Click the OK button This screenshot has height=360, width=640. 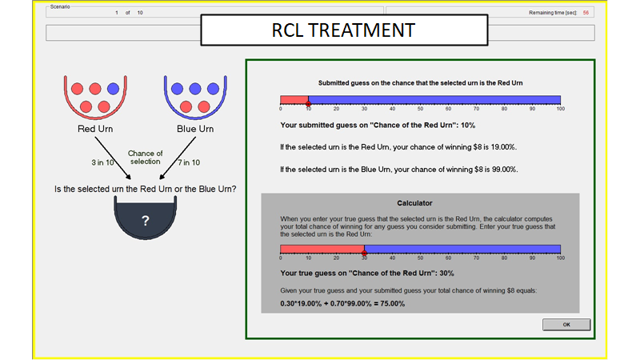[x=566, y=325]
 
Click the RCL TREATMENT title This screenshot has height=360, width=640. [x=344, y=30]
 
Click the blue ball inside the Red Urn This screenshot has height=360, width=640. [x=113, y=88]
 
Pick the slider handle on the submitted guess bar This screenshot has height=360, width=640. [x=308, y=104]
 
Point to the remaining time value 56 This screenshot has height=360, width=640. [x=586, y=13]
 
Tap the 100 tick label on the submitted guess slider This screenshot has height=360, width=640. [x=560, y=110]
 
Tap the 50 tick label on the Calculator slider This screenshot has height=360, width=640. [x=420, y=259]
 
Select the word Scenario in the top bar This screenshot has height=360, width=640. [x=61, y=7]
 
